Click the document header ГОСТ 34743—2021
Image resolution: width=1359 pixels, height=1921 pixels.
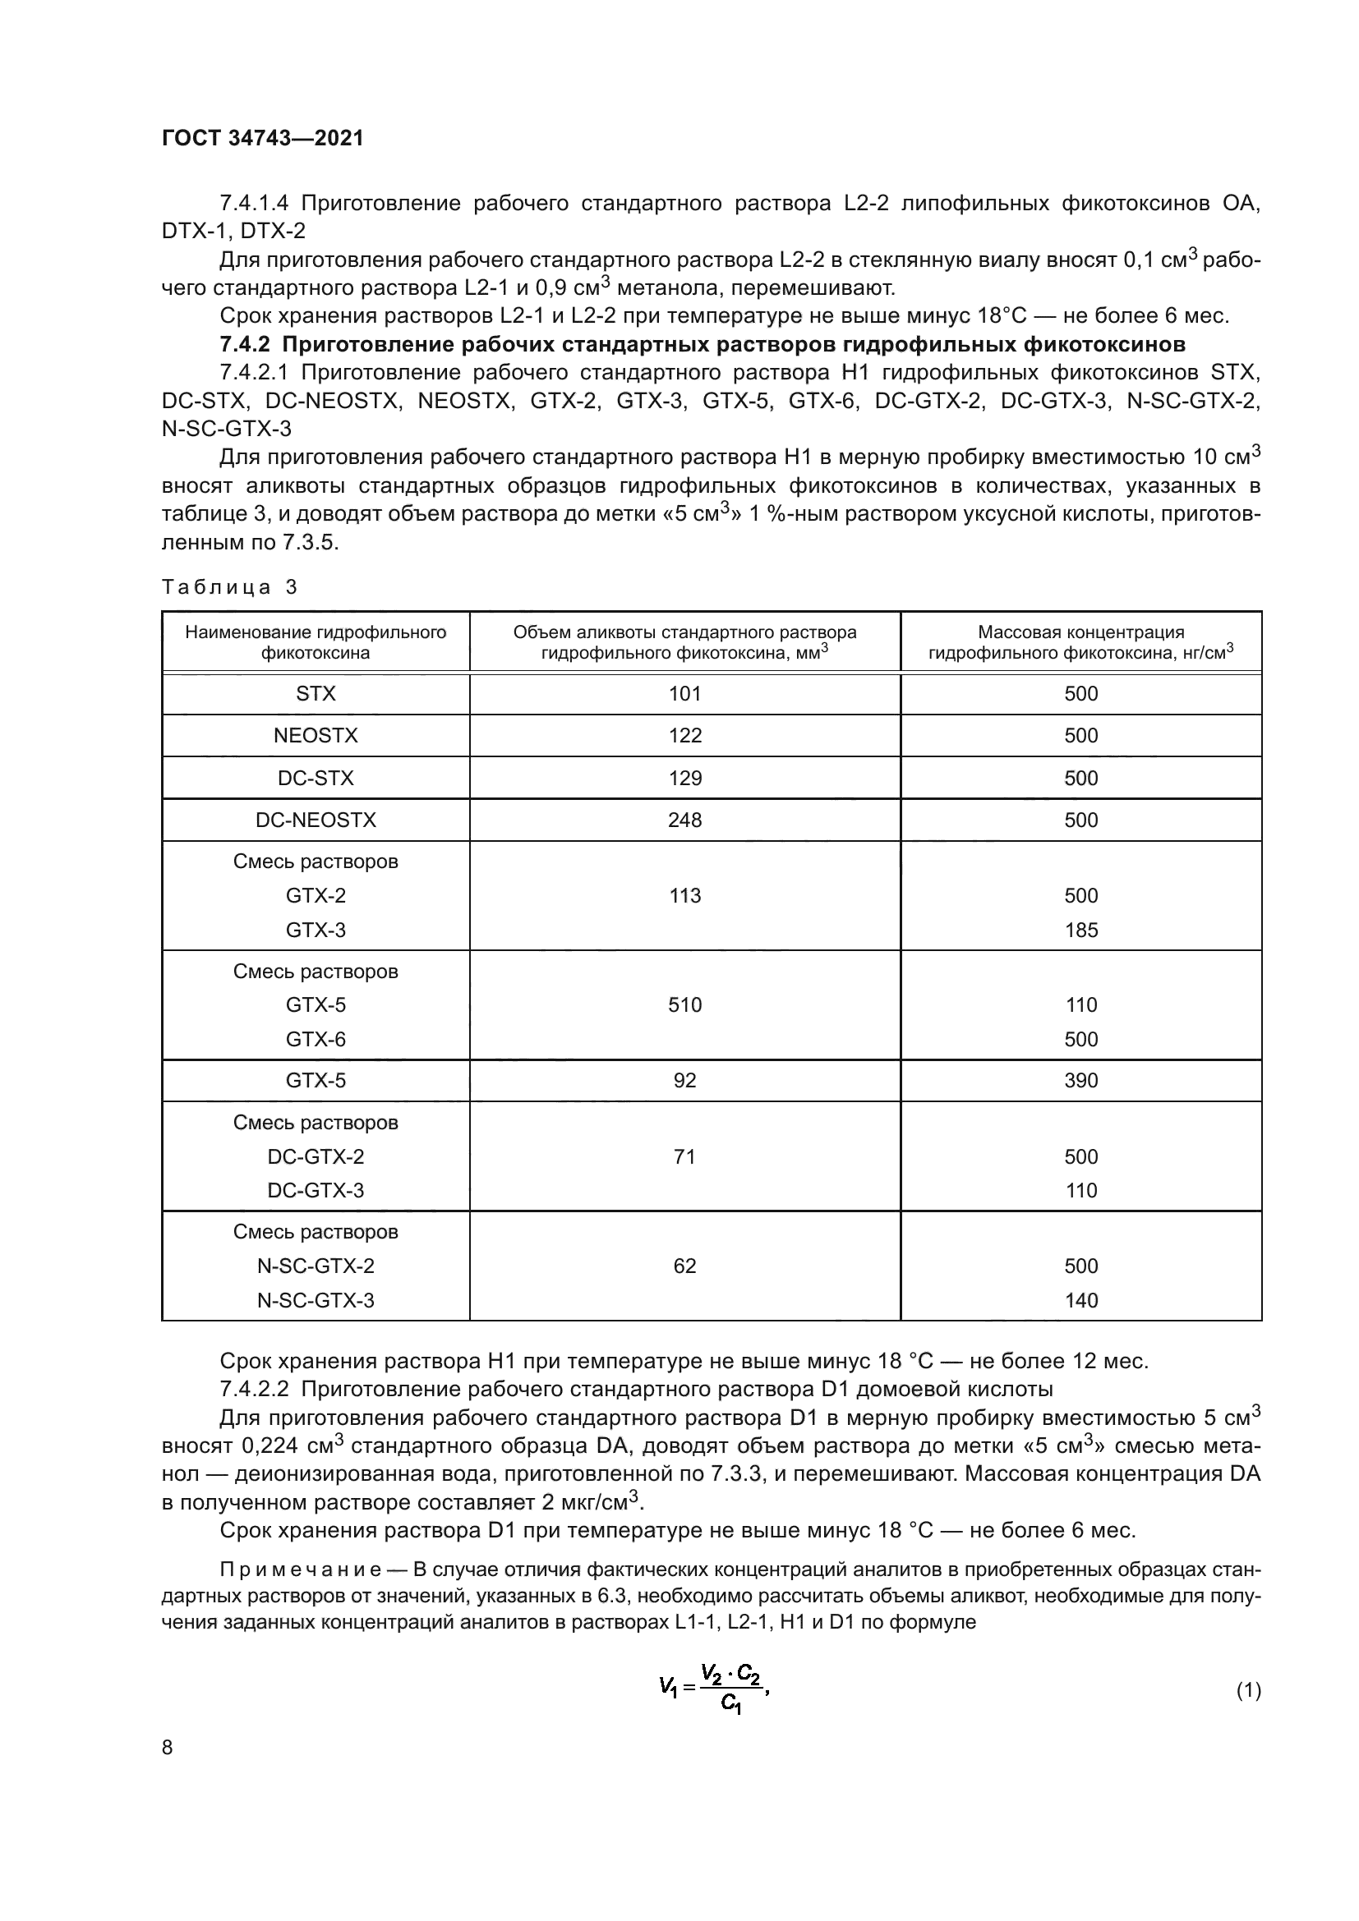pyautogui.click(x=263, y=138)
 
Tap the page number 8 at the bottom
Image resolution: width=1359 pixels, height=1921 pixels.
pyautogui.click(x=168, y=1747)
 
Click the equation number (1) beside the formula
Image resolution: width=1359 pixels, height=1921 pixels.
pyautogui.click(x=1248, y=1690)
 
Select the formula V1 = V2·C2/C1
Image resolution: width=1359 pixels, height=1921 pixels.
pyautogui.click(x=712, y=1689)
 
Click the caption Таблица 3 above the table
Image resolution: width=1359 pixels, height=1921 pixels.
pyautogui.click(x=229, y=586)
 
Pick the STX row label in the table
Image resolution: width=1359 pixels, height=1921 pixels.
pyautogui.click(x=316, y=694)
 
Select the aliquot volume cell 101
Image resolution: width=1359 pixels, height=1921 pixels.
pyautogui.click(x=684, y=694)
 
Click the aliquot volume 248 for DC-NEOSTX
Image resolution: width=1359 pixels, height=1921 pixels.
pyautogui.click(x=684, y=820)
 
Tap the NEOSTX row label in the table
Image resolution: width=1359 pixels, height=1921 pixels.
pyautogui.click(x=316, y=735)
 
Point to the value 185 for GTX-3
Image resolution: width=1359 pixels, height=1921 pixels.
pyautogui.click(x=1080, y=930)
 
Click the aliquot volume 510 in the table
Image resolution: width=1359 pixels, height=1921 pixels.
pyautogui.click(x=684, y=1004)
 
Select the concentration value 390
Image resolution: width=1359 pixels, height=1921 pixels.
pyautogui.click(x=1080, y=1080)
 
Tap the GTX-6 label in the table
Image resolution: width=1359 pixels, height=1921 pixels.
pyautogui.click(x=316, y=1039)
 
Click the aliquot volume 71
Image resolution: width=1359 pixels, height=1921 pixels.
pyautogui.click(x=684, y=1156)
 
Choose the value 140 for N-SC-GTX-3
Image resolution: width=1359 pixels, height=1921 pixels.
pyautogui.click(x=1080, y=1300)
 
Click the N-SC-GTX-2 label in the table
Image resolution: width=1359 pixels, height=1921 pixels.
pyautogui.click(x=316, y=1266)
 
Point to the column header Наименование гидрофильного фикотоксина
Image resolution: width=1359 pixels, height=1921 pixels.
pyautogui.click(x=316, y=641)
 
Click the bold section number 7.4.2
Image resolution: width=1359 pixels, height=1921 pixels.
pyautogui.click(x=247, y=345)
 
